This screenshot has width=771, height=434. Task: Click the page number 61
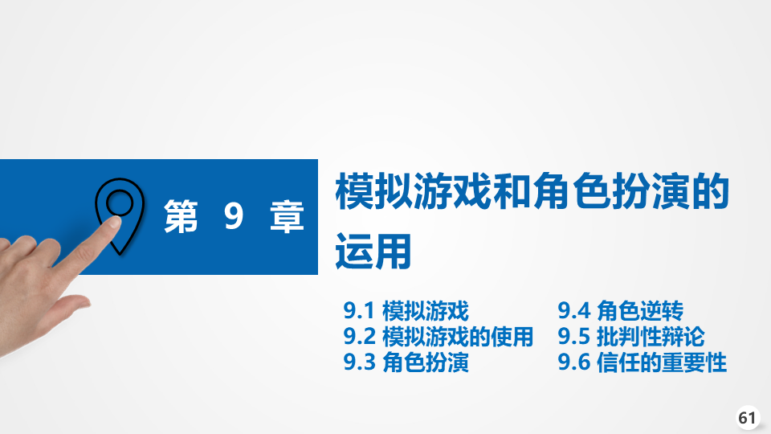click(x=748, y=418)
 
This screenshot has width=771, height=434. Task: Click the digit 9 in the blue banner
click(x=234, y=216)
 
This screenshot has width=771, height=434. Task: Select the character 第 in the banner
click(x=181, y=216)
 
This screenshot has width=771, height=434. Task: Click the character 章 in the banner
click(x=288, y=216)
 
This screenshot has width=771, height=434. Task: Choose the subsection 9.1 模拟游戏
click(x=406, y=311)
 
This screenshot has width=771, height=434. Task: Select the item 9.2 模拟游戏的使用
click(x=439, y=337)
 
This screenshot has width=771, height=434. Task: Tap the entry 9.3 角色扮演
click(x=406, y=362)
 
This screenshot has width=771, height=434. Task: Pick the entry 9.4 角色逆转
click(x=621, y=311)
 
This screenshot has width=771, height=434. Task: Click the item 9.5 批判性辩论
click(x=631, y=337)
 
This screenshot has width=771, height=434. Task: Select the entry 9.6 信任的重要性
click(x=642, y=362)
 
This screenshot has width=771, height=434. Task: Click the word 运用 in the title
click(x=373, y=252)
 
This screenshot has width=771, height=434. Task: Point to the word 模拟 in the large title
click(x=374, y=191)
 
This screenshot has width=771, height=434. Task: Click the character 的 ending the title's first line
click(x=710, y=191)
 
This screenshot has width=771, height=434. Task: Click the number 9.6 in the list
click(x=573, y=362)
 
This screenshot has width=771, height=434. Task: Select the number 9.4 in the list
click(x=573, y=311)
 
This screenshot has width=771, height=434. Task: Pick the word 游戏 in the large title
click(x=453, y=191)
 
